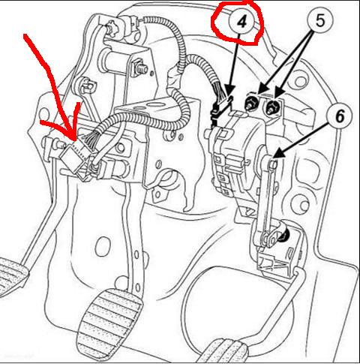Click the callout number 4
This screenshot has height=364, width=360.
[241, 22]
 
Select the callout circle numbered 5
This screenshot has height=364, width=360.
[320, 20]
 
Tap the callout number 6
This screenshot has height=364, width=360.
[339, 116]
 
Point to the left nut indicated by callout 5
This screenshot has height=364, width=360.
[250, 103]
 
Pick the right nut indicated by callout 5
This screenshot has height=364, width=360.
[272, 107]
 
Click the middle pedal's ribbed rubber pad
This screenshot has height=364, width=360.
[110, 325]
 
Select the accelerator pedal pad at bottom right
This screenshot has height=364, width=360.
[225, 350]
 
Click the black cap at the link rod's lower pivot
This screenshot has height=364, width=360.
[285, 235]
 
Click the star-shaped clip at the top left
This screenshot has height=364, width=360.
[112, 29]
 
